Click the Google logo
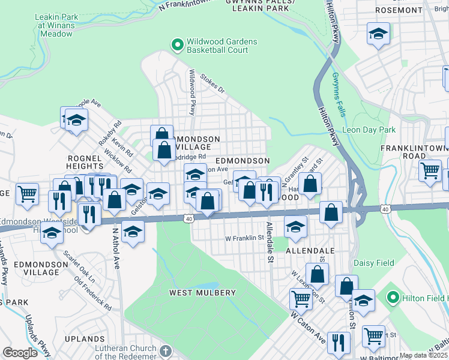(x=20, y=353)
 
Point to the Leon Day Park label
(x=369, y=130)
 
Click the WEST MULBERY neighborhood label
(x=202, y=293)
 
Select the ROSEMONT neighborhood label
(x=398, y=10)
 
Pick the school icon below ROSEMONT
(x=378, y=34)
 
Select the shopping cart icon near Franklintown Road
(x=430, y=172)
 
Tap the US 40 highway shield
(x=189, y=219)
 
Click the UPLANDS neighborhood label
(x=85, y=339)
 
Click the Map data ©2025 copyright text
(x=423, y=355)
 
